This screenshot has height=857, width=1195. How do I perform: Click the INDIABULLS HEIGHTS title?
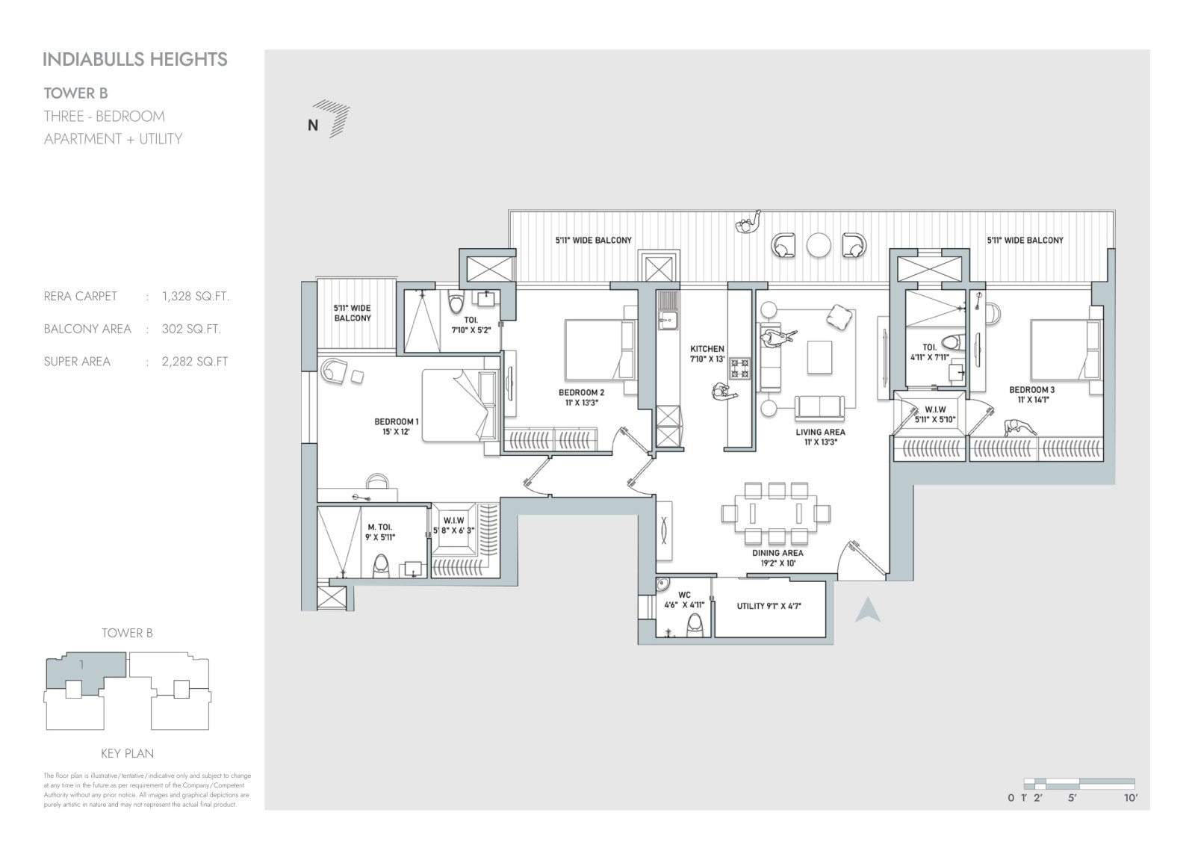pos(135,59)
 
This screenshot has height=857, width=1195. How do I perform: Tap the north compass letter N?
pos(313,126)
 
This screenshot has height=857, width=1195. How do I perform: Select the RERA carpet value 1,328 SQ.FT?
pos(196,297)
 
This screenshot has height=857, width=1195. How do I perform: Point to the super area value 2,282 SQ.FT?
pos(195,362)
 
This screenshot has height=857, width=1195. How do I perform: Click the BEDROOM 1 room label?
pos(397,421)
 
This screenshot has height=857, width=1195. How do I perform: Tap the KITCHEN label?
pos(707,349)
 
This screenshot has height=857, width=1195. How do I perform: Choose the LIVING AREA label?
pos(821,432)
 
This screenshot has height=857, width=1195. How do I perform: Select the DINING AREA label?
pos(777,553)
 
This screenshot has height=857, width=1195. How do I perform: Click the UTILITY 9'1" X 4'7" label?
pos(769,606)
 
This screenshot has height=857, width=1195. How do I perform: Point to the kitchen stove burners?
pos(740,368)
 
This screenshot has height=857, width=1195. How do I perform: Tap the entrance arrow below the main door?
pos(868,610)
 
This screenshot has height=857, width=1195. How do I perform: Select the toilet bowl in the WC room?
pos(695,625)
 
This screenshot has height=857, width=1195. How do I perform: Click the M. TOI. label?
pos(380,527)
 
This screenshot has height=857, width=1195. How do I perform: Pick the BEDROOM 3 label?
pos(1032,390)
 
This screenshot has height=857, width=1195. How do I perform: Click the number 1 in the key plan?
pos(81,665)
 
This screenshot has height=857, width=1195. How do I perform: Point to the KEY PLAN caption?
pos(128,753)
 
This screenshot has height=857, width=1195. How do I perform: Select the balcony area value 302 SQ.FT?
pos(191,330)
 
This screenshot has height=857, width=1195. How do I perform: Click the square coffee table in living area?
pos(819,357)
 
